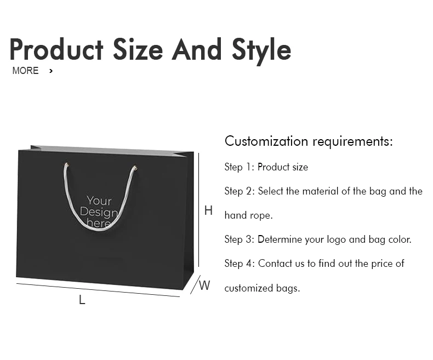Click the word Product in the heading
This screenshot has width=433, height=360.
pyautogui.click(x=56, y=50)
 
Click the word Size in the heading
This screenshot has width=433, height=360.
pyautogui.click(x=138, y=50)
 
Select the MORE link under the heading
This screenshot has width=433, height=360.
pyautogui.click(x=25, y=71)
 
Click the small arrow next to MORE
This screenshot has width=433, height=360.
pyautogui.click(x=51, y=71)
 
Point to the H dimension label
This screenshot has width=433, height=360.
pyautogui.click(x=208, y=210)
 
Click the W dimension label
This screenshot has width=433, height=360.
pyautogui.click(x=204, y=285)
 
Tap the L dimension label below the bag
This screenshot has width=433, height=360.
pyautogui.click(x=82, y=300)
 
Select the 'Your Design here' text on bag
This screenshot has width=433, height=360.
pyautogui.click(x=99, y=212)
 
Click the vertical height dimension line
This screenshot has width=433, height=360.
pyautogui.click(x=198, y=210)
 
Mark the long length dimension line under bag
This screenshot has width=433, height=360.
pyautogui.click(x=99, y=290)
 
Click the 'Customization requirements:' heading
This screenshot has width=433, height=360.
pyautogui.click(x=309, y=141)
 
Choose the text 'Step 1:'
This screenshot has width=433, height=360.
pyautogui.click(x=239, y=167)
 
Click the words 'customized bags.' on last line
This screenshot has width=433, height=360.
pyautogui.click(x=262, y=288)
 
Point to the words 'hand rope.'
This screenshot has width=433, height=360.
pyautogui.click(x=248, y=215)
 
